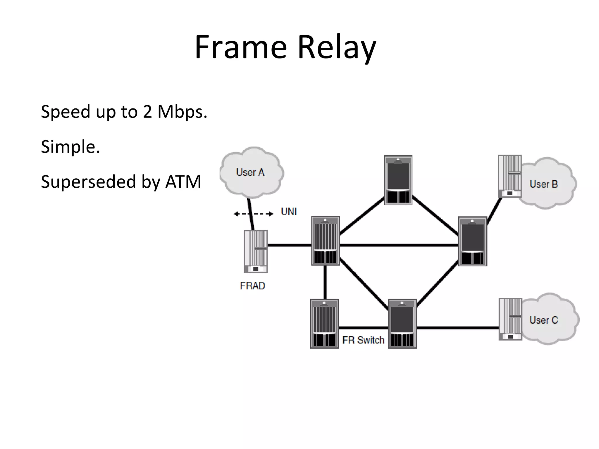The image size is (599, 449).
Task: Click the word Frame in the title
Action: tap(240, 47)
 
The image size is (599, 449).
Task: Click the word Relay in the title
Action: tap(336, 47)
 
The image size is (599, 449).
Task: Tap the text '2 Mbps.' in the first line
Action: tap(175, 112)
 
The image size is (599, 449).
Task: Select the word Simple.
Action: tap(70, 147)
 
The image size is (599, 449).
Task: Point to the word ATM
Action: tap(183, 182)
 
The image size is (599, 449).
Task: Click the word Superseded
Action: tap(88, 182)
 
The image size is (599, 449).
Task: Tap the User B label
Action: tap(544, 184)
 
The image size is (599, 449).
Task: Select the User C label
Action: tap(544, 320)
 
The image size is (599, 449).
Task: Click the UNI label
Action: tap(289, 212)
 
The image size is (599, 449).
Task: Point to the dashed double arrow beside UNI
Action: tap(253, 214)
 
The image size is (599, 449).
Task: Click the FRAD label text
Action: tap(252, 286)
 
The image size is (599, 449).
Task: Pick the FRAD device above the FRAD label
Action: tap(256, 251)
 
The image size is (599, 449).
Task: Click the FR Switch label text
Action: tap(363, 340)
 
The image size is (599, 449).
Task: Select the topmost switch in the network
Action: tap(398, 180)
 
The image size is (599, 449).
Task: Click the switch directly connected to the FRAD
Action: tap(326, 241)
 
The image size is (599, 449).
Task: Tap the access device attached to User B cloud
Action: tap(510, 176)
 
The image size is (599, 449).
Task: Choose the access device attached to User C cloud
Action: tap(510, 319)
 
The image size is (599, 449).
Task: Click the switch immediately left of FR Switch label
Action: tap(324, 324)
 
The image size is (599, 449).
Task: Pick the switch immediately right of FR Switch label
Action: tap(402, 324)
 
